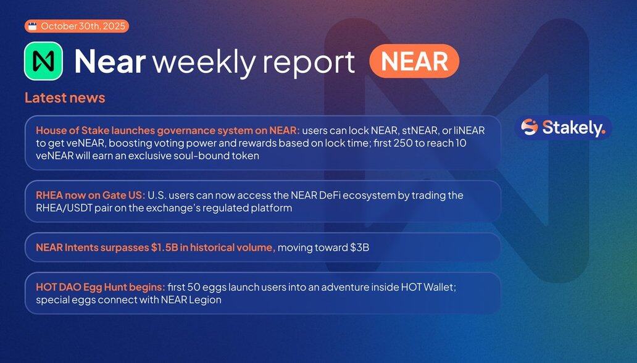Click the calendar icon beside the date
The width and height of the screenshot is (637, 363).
33,27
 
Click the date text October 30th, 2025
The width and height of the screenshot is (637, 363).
83,27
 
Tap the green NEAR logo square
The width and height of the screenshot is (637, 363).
43,61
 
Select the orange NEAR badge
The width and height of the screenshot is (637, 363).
414,61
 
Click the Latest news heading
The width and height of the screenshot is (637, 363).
65,98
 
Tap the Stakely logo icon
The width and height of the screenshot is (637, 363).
530,127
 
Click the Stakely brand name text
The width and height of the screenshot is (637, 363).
574,128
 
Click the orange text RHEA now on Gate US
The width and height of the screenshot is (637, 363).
90,195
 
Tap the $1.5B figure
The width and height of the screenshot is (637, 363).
165,247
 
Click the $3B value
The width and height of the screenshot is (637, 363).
359,247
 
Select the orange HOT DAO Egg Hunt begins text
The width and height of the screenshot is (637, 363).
101,287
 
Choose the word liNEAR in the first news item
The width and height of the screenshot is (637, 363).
469,130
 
